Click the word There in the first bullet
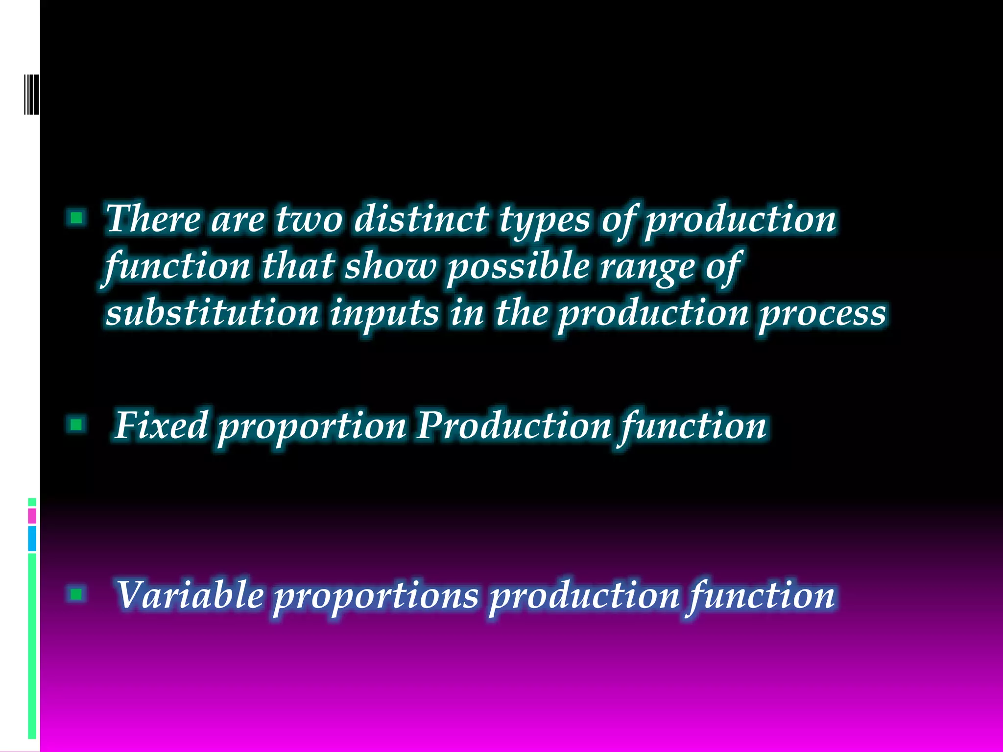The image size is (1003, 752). pos(153,219)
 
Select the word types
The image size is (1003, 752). pos(545,220)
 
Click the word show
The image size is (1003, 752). pos(390,267)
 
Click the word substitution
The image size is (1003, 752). pos(213,313)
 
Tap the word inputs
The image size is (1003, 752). pos(384,315)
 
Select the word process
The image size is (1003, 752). pos(822,315)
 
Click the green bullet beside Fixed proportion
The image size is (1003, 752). pos(76,424)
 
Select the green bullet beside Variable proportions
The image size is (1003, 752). pos(76,594)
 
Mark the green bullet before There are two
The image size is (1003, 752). pos(76,217)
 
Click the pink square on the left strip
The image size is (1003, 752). pos(32,516)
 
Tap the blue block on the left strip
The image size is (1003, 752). pos(32,539)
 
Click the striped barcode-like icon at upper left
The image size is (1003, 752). pos(31,94)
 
